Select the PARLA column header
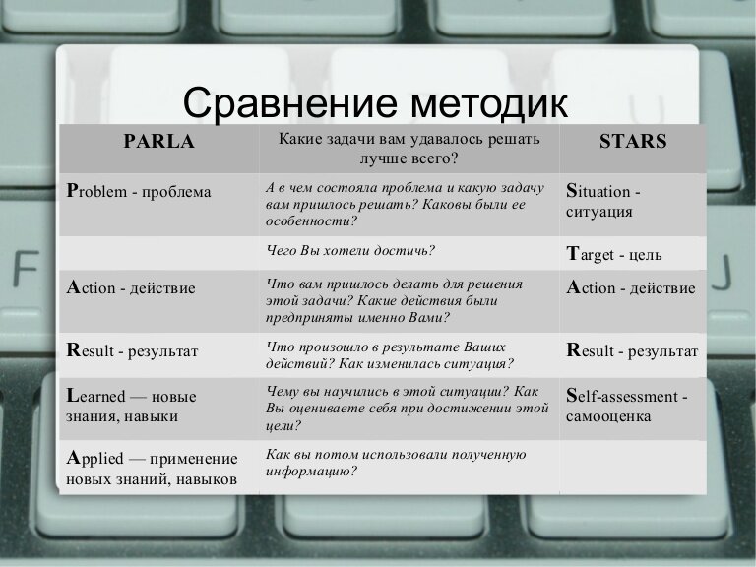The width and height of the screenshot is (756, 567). [158, 141]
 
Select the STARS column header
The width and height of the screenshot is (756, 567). [632, 141]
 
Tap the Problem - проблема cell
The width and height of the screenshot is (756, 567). [139, 191]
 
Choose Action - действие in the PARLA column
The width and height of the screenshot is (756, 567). [131, 288]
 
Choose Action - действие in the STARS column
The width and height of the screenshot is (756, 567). [631, 288]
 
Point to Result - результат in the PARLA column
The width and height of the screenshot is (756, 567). [132, 349]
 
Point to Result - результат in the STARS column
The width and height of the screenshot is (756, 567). [632, 349]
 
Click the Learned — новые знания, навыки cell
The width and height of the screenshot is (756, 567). [131, 406]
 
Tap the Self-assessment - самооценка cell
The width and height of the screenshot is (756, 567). [626, 406]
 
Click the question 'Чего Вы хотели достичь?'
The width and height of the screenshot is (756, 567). [350, 251]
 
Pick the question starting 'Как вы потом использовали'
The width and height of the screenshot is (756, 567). [396, 463]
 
